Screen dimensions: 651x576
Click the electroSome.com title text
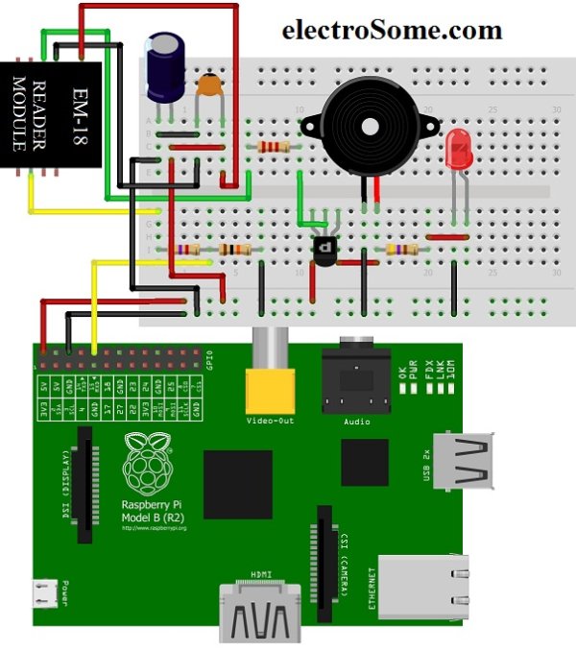[x=392, y=30]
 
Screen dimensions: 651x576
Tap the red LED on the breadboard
[x=457, y=150]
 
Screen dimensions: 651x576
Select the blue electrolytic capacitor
[x=166, y=67]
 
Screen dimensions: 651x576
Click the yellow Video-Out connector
[x=271, y=391]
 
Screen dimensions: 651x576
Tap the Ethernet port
[x=422, y=585]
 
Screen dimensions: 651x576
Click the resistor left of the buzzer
[x=274, y=147]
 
